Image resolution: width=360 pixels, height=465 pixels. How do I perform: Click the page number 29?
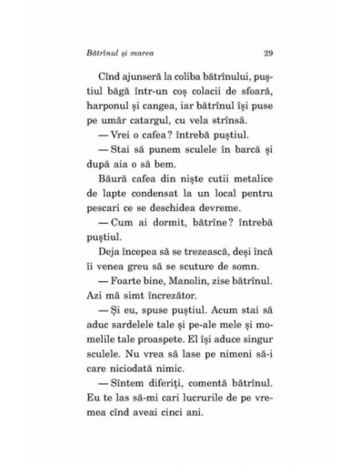[x=268, y=53]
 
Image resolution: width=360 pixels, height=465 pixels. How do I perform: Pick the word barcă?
[x=247, y=166]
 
